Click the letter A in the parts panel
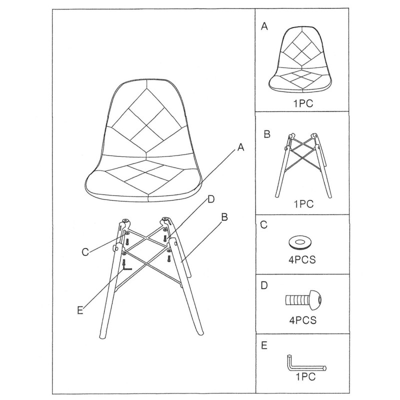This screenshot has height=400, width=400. tap(264, 26)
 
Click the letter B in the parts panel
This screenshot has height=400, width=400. tap(267, 134)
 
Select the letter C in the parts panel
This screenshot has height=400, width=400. tap(264, 225)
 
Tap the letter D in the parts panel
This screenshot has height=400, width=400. tap(264, 285)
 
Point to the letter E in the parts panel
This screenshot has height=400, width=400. tap(264, 345)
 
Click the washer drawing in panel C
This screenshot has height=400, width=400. tap(300, 242)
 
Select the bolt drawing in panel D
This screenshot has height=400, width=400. tap(303, 299)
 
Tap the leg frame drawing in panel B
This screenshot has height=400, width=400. tap(303, 165)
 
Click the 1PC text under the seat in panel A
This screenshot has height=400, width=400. tap(303, 103)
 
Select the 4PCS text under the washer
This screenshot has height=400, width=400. tap(302, 259)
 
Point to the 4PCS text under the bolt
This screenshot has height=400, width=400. tap(303, 320)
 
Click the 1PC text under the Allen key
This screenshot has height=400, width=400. tap(305, 376)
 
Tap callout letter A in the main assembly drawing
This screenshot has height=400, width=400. tap(240, 147)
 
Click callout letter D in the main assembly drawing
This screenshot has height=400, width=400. tap(211, 199)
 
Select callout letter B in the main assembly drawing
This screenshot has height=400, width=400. tap(224, 217)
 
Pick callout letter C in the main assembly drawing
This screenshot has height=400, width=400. tap(85, 252)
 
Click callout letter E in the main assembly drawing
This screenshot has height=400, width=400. tap(80, 310)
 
